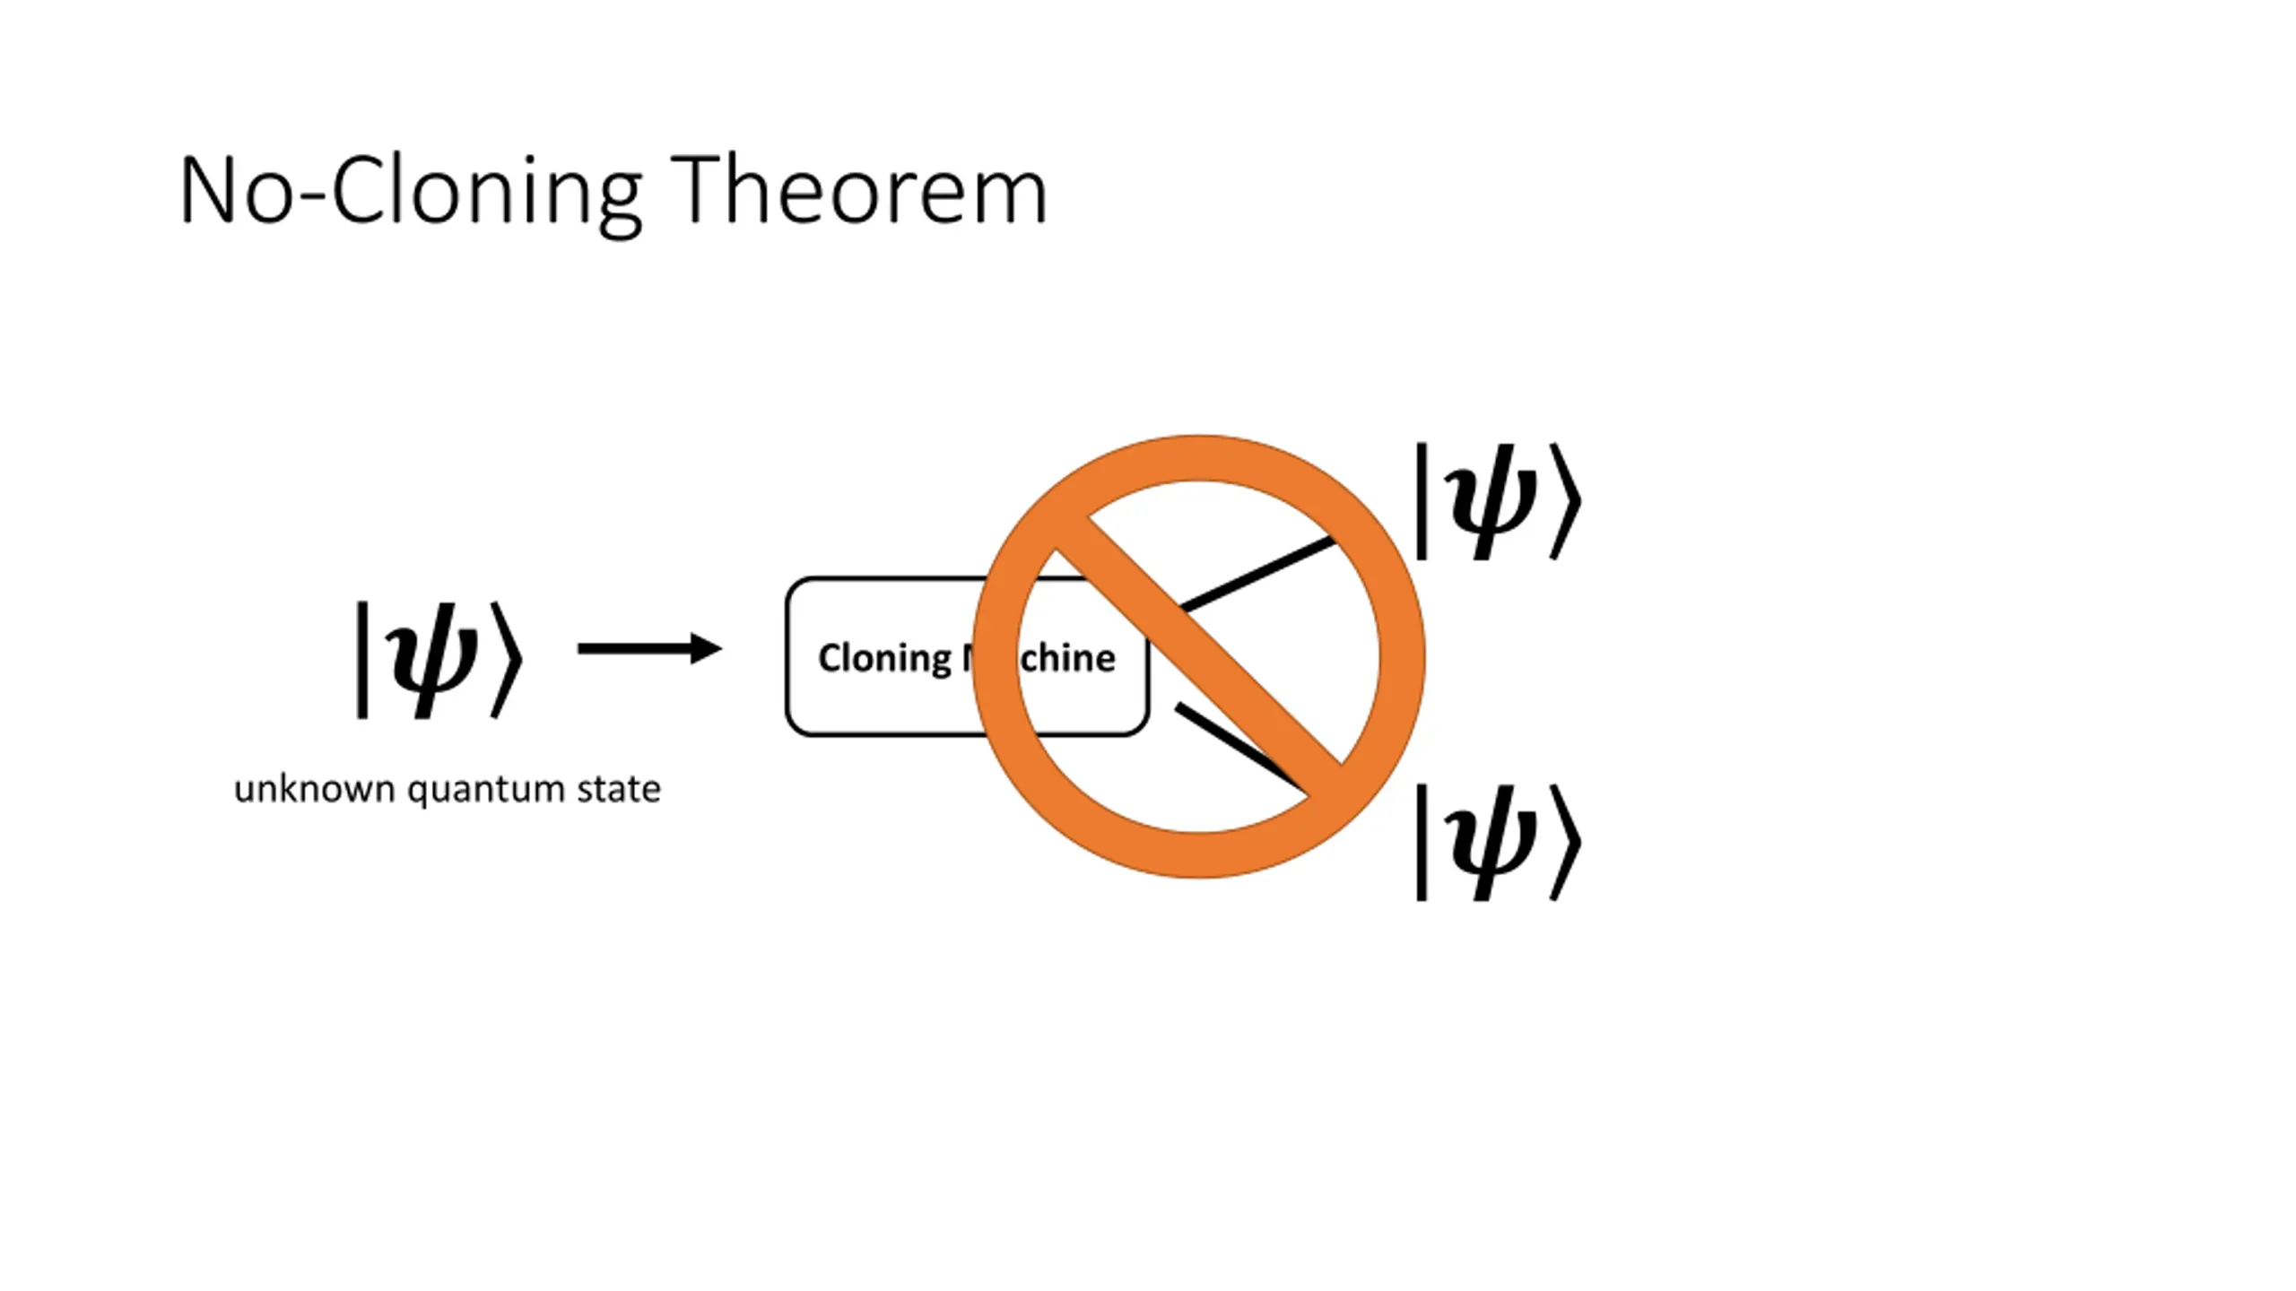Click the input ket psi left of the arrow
439,660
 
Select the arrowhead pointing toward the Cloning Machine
707,648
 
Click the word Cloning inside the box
883,658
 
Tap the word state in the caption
619,789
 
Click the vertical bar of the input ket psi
362,660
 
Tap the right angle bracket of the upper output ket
1565,501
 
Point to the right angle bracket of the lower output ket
1565,842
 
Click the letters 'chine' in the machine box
1068,658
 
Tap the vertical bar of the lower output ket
1422,842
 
